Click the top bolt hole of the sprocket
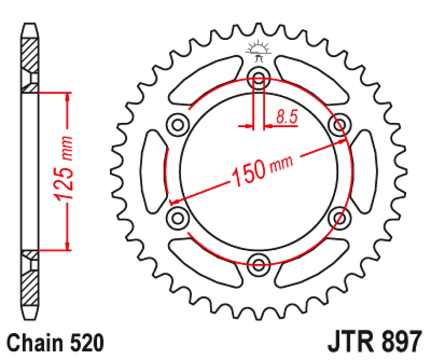259,79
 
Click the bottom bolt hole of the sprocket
259,262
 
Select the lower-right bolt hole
339,217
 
